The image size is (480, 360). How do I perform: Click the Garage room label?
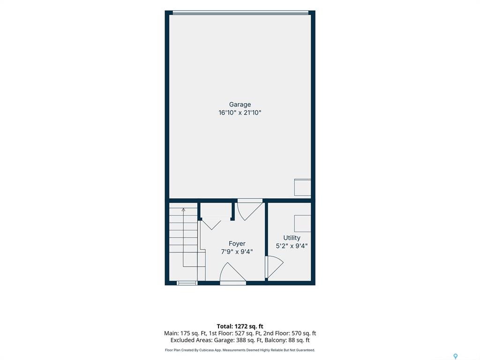240,105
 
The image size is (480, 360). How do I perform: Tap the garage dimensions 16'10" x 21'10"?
240,112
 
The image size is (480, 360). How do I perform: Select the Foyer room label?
237,244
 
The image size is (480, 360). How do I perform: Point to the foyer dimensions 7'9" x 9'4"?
237,252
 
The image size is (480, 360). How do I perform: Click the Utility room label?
292,238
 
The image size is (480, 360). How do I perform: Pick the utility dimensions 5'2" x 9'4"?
292,246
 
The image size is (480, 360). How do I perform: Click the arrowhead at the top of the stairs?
183,210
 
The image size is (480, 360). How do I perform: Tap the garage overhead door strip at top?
240,13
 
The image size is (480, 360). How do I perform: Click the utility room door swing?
275,267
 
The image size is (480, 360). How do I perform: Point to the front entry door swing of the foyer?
233,272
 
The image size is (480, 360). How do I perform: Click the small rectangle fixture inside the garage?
302,187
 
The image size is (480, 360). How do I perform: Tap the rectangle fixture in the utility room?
302,224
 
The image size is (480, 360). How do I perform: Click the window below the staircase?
187,283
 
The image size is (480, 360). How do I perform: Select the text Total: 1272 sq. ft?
240,326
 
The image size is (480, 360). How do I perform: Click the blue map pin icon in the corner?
456,356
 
